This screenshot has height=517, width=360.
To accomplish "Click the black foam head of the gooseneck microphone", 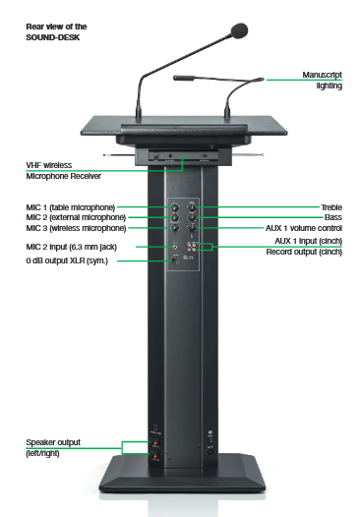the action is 240,30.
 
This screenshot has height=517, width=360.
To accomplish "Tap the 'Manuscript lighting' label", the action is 322,81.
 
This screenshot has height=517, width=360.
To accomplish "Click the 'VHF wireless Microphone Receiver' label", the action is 63,170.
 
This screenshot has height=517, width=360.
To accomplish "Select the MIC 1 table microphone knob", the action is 175,207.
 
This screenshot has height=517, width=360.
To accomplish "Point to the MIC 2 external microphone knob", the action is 175,217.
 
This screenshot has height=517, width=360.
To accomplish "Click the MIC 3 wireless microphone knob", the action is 175,227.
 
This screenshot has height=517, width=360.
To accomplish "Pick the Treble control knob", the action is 192,207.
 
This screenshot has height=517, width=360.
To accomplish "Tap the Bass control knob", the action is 192,217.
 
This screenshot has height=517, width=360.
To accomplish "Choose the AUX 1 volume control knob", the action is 192,227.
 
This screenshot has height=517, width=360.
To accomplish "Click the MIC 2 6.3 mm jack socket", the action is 175,247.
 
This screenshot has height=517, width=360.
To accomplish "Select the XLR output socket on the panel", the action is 175,260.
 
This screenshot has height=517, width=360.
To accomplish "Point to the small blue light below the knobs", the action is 192,237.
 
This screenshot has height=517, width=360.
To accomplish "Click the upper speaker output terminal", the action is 155,442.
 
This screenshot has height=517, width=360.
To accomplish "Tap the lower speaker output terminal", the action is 155,456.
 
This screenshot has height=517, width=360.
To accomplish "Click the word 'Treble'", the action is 331,207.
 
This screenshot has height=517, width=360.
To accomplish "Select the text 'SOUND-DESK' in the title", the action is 53,37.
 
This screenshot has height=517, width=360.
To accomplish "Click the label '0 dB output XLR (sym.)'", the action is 67,260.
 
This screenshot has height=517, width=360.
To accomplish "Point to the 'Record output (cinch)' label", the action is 304,252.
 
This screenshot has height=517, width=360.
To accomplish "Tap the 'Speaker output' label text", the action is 53,442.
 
